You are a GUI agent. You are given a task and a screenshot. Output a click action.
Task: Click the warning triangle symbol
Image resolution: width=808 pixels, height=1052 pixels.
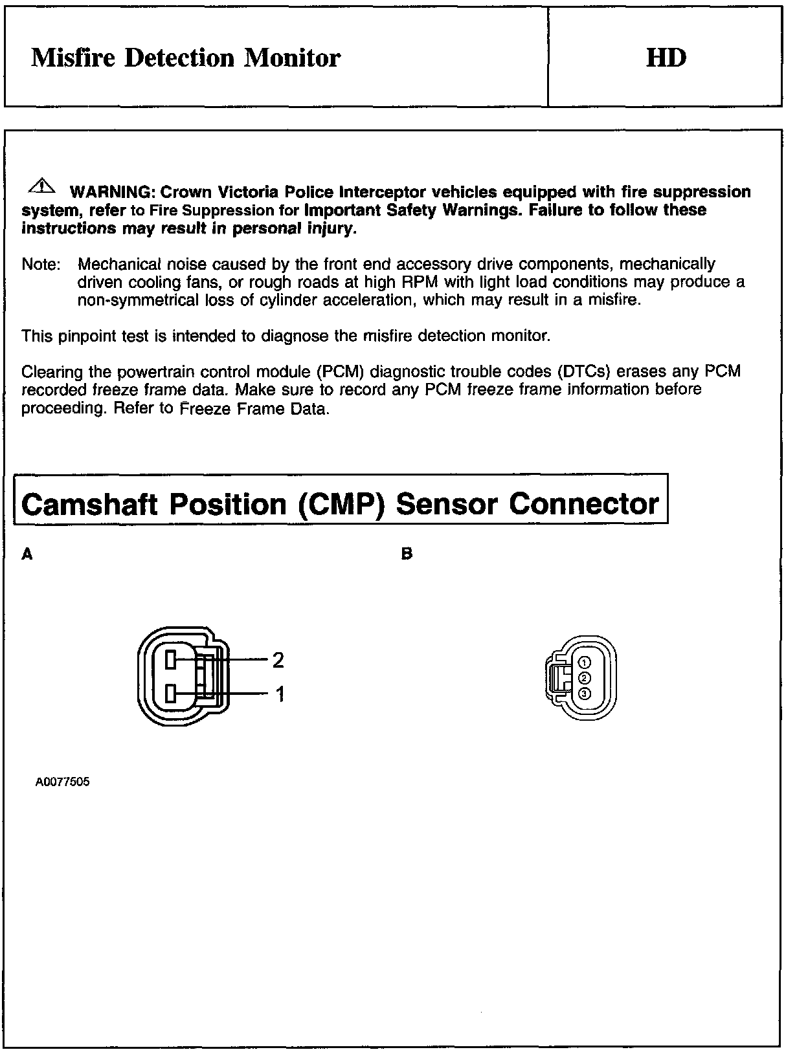(x=40, y=187)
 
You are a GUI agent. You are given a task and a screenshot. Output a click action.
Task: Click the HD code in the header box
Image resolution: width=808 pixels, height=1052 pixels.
(x=666, y=58)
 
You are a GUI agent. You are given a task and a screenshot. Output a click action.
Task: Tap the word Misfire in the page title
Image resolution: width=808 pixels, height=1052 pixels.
(x=73, y=58)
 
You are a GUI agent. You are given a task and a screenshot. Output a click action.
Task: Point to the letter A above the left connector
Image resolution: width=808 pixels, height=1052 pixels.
(x=27, y=554)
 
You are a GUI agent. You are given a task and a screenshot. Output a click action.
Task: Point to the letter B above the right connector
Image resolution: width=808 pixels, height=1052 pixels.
(x=407, y=554)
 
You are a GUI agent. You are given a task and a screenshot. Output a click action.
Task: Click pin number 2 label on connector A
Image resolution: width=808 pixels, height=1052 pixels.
(x=278, y=660)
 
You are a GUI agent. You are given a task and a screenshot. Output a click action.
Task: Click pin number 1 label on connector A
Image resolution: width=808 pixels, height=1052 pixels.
(x=280, y=695)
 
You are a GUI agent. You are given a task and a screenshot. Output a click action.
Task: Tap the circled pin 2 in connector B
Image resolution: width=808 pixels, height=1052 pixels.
(x=584, y=678)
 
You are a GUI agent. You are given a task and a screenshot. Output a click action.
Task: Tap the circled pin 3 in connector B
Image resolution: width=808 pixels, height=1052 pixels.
(x=584, y=694)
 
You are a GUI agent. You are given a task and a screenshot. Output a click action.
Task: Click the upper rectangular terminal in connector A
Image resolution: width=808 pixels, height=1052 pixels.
(x=171, y=660)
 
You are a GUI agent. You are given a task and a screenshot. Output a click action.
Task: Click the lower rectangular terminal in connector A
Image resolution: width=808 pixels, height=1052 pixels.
(x=171, y=694)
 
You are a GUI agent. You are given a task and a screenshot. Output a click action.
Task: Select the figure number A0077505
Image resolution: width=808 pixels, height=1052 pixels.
(x=63, y=782)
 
